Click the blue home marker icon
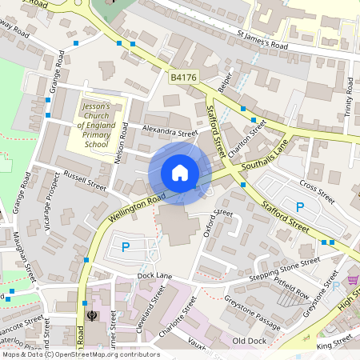tap(180, 173)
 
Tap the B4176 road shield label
tap(182, 78)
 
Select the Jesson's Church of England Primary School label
tap(96, 125)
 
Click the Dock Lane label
tap(154, 276)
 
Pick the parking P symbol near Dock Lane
tap(126, 248)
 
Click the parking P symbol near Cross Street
tap(300, 207)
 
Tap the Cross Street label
tap(317, 192)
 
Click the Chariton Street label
tap(245, 136)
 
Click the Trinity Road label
tap(349, 96)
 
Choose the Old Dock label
tap(248, 341)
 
